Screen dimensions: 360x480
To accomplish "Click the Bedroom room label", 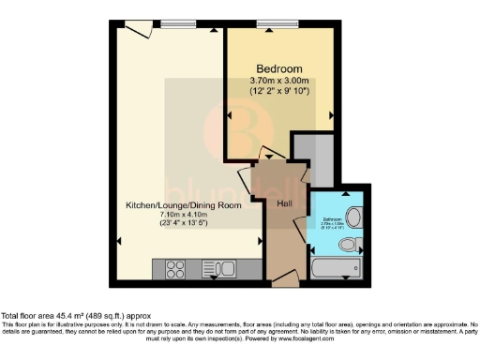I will click(x=280, y=69).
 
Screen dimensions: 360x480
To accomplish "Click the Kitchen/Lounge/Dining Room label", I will click(x=184, y=205).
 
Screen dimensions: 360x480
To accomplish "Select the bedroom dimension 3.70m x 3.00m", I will click(x=280, y=82).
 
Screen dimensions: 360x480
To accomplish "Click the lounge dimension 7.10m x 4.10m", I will click(x=184, y=215).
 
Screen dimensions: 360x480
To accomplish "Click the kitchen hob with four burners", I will click(x=176, y=269).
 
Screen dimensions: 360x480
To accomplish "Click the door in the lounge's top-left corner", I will click(x=137, y=32).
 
